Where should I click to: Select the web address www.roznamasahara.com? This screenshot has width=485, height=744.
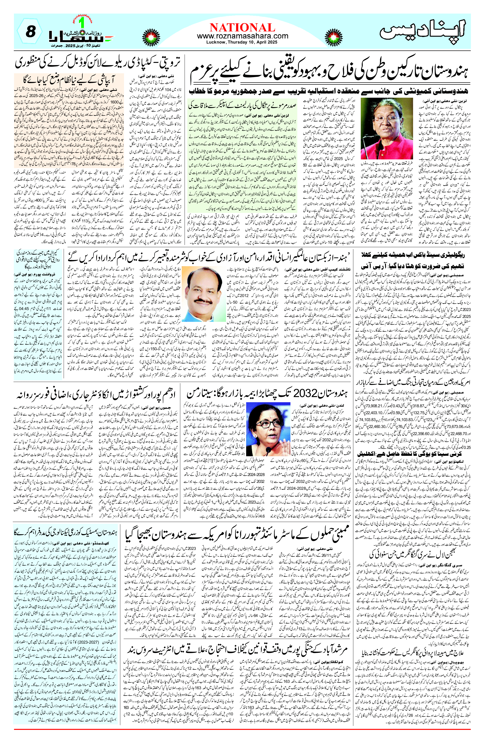[242, 36]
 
